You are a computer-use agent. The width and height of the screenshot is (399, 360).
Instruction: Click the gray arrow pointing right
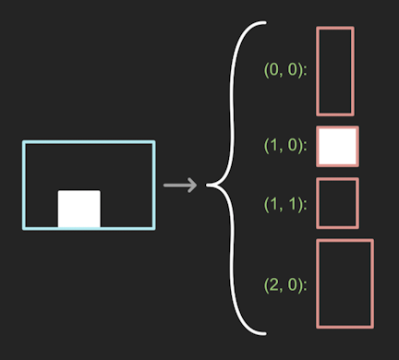(180, 186)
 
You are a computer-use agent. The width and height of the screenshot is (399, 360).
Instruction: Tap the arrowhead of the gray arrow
(194, 186)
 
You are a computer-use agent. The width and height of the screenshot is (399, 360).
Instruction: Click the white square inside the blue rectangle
(79, 209)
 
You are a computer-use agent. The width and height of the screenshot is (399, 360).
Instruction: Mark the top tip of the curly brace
(265, 22)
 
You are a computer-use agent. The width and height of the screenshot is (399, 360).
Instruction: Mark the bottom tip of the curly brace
(265, 333)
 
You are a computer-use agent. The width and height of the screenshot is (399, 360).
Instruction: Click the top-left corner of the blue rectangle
(24, 142)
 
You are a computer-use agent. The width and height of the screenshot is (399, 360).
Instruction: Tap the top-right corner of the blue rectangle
(154, 142)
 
